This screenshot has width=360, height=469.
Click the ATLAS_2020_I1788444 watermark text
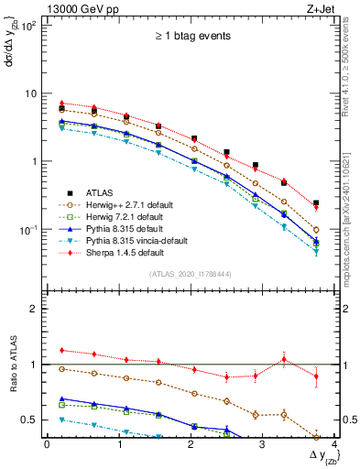click(193, 274)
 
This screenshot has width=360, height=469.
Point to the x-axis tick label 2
click(191, 445)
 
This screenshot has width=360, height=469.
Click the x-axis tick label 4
click(334, 445)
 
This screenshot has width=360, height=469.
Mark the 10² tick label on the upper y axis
click(30, 26)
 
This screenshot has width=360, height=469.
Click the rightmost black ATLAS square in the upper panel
click(316, 203)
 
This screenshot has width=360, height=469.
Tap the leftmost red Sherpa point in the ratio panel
click(61, 350)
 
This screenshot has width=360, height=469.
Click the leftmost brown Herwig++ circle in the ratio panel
click(61, 368)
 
